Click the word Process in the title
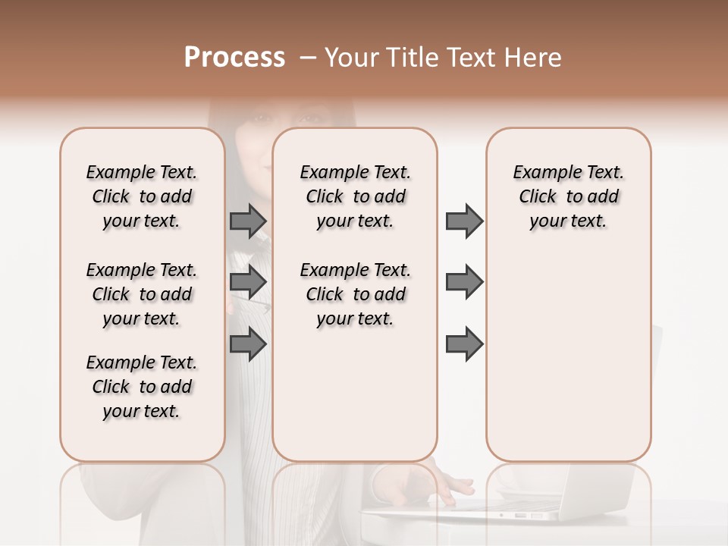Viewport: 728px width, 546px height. point(234,58)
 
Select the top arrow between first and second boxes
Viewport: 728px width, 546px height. point(248,221)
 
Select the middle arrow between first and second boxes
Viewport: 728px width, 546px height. point(248,282)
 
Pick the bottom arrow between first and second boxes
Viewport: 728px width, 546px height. point(248,344)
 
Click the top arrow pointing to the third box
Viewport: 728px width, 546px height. point(464,221)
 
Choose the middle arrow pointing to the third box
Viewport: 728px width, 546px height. point(464,282)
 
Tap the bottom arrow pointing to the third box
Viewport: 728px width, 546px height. point(464,344)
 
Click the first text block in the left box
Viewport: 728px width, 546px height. point(142,196)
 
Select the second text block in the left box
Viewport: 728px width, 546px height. point(142,294)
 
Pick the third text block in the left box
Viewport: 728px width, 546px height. point(142,387)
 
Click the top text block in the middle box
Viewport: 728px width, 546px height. point(355,196)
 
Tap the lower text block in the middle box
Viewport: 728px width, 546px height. point(355,294)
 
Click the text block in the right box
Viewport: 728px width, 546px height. point(568,196)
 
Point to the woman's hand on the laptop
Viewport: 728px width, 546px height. point(432,482)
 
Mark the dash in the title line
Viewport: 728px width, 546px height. point(308,58)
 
